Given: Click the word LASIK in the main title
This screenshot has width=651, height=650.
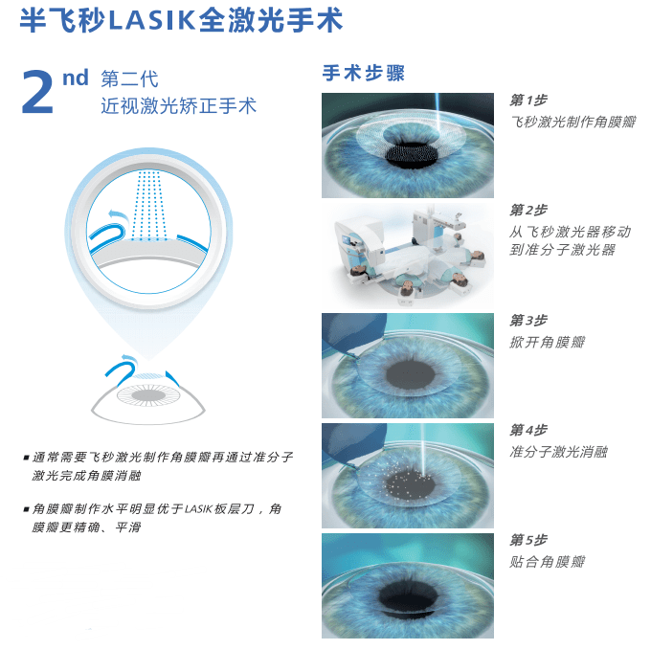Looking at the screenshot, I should (151, 21).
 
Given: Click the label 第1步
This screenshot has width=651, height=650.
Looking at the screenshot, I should (528, 101).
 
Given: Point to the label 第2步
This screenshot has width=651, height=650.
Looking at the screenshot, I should (528, 211).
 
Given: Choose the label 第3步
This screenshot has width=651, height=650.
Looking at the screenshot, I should (528, 321).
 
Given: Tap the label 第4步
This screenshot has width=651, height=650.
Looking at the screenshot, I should (528, 431).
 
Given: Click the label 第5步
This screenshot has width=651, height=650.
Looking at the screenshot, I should (528, 541).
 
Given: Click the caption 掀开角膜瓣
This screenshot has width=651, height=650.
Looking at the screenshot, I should (547, 342).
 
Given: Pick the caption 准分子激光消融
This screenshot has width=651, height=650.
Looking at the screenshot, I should (559, 452).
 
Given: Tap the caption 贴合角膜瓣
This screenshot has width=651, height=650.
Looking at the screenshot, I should (547, 562).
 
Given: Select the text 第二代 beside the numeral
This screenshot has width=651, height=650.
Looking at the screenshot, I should (128, 78).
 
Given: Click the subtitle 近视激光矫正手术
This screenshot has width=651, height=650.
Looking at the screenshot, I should (179, 105).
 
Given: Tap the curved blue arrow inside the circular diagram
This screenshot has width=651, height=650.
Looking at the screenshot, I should (116, 216).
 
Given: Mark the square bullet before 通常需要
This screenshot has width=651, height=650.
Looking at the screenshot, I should (26, 458).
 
